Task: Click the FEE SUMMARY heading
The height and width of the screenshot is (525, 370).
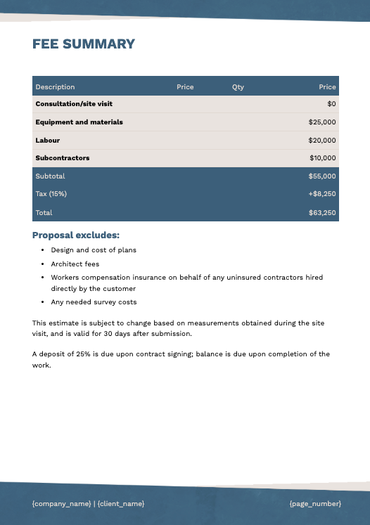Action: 84,44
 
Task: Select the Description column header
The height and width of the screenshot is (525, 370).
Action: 55,87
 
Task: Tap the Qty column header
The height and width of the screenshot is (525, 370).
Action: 238,87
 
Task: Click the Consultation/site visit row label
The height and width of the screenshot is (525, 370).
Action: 74,104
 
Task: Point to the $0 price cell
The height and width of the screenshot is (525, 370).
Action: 331,104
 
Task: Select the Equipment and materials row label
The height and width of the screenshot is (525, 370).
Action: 79,122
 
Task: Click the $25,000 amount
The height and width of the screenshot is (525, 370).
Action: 322,122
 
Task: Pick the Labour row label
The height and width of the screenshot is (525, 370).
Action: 48,141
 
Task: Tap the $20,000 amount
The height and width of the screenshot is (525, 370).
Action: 322,141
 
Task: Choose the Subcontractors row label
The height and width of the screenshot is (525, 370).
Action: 63,158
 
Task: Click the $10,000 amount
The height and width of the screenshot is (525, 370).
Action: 322,158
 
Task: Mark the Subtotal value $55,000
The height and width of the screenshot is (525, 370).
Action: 322,176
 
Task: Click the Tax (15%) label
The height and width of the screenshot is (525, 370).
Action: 51,194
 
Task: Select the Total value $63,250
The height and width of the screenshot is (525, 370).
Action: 322,212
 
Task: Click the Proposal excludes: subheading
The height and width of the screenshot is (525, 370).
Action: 76,235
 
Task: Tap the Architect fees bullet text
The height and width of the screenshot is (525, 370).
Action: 75,264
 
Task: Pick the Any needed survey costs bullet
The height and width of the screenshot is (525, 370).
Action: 94,302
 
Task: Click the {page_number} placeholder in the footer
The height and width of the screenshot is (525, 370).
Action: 315,504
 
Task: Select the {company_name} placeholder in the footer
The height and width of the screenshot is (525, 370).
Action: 62,504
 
